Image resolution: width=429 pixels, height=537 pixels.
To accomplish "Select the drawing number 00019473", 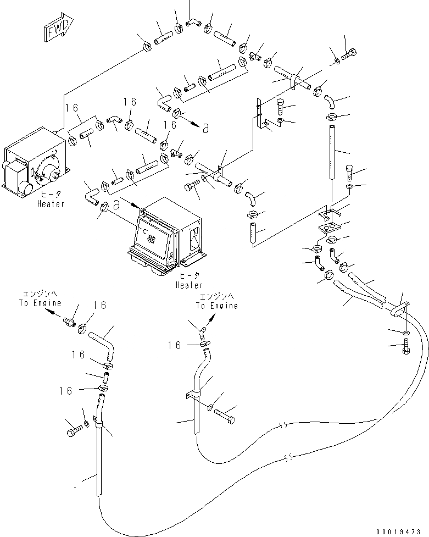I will [403, 532].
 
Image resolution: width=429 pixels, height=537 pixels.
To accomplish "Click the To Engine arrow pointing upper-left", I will [53, 311].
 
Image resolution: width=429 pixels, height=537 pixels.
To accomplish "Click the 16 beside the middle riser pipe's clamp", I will [174, 345].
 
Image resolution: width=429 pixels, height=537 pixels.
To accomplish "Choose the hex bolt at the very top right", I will [349, 54].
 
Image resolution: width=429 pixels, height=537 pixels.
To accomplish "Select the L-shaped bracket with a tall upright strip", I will [261, 118].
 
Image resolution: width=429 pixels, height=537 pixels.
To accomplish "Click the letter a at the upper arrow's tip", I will [205, 128].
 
